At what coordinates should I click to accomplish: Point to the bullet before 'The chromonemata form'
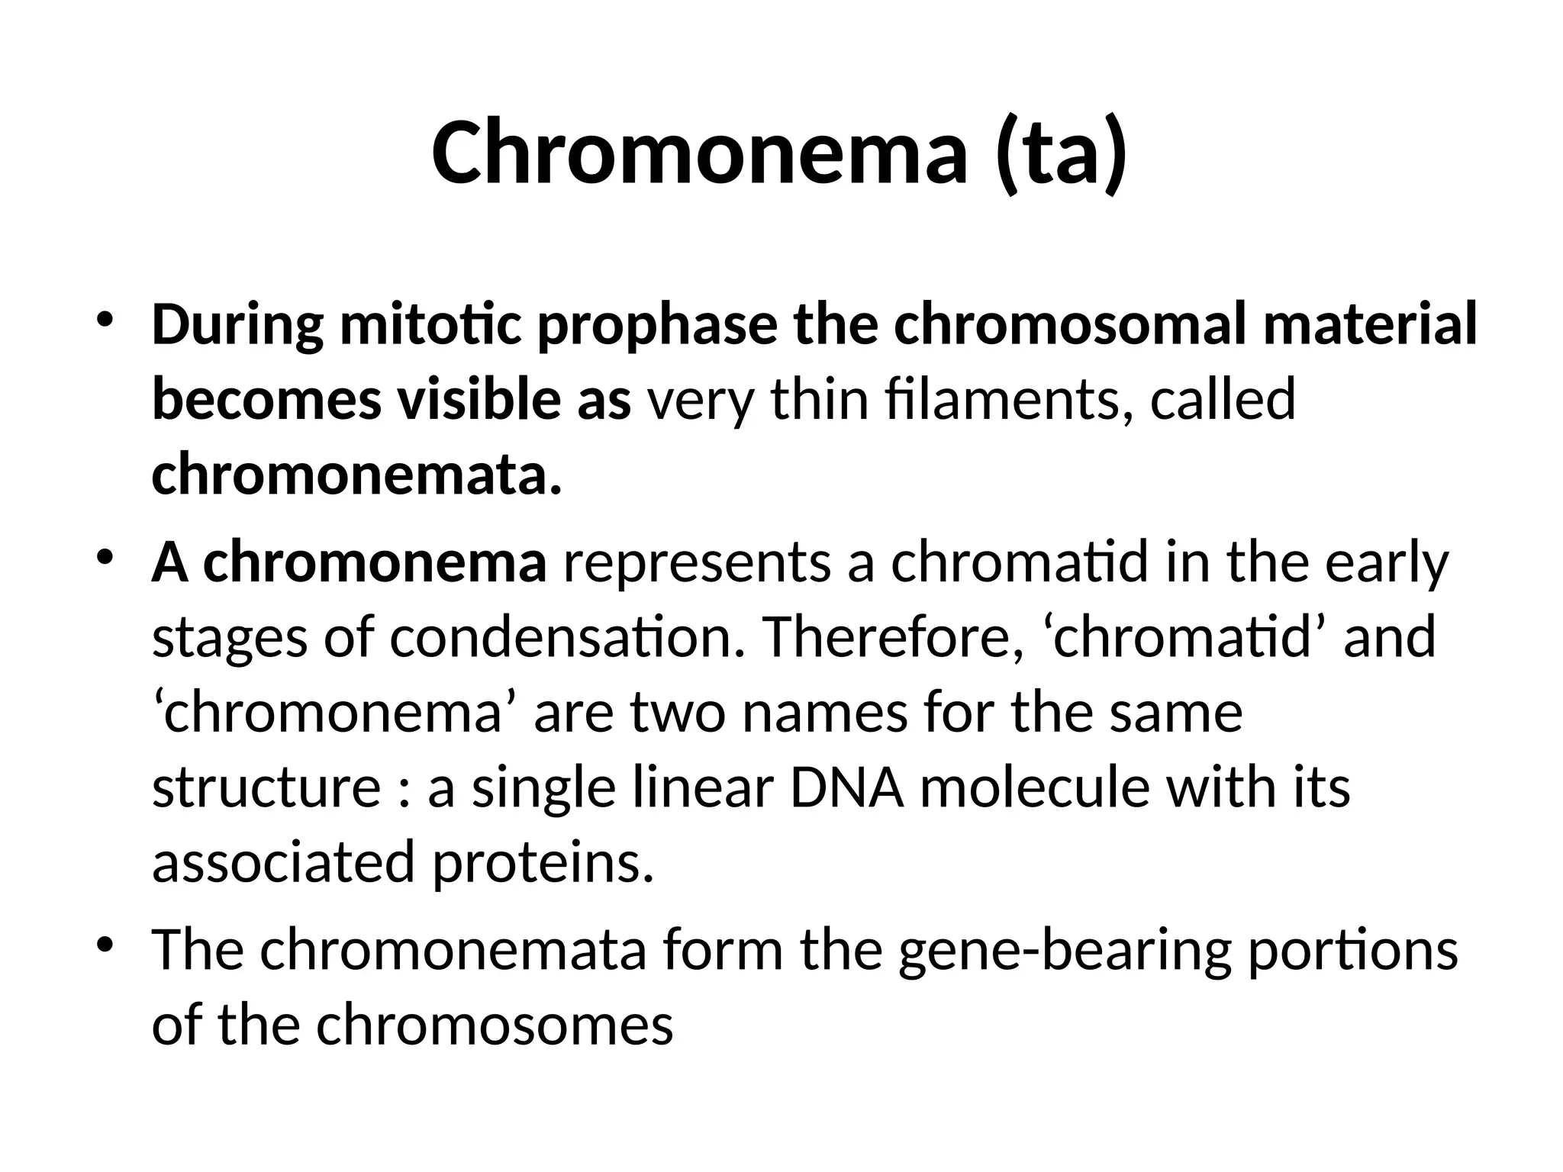(x=105, y=944)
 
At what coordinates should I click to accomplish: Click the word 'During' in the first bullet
(x=237, y=324)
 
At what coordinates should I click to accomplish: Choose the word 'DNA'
(x=846, y=788)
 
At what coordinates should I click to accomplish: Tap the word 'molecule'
(x=1034, y=788)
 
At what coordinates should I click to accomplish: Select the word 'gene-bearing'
(x=1065, y=951)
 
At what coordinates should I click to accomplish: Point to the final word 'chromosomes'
(x=495, y=1025)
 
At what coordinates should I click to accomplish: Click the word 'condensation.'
(x=567, y=637)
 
